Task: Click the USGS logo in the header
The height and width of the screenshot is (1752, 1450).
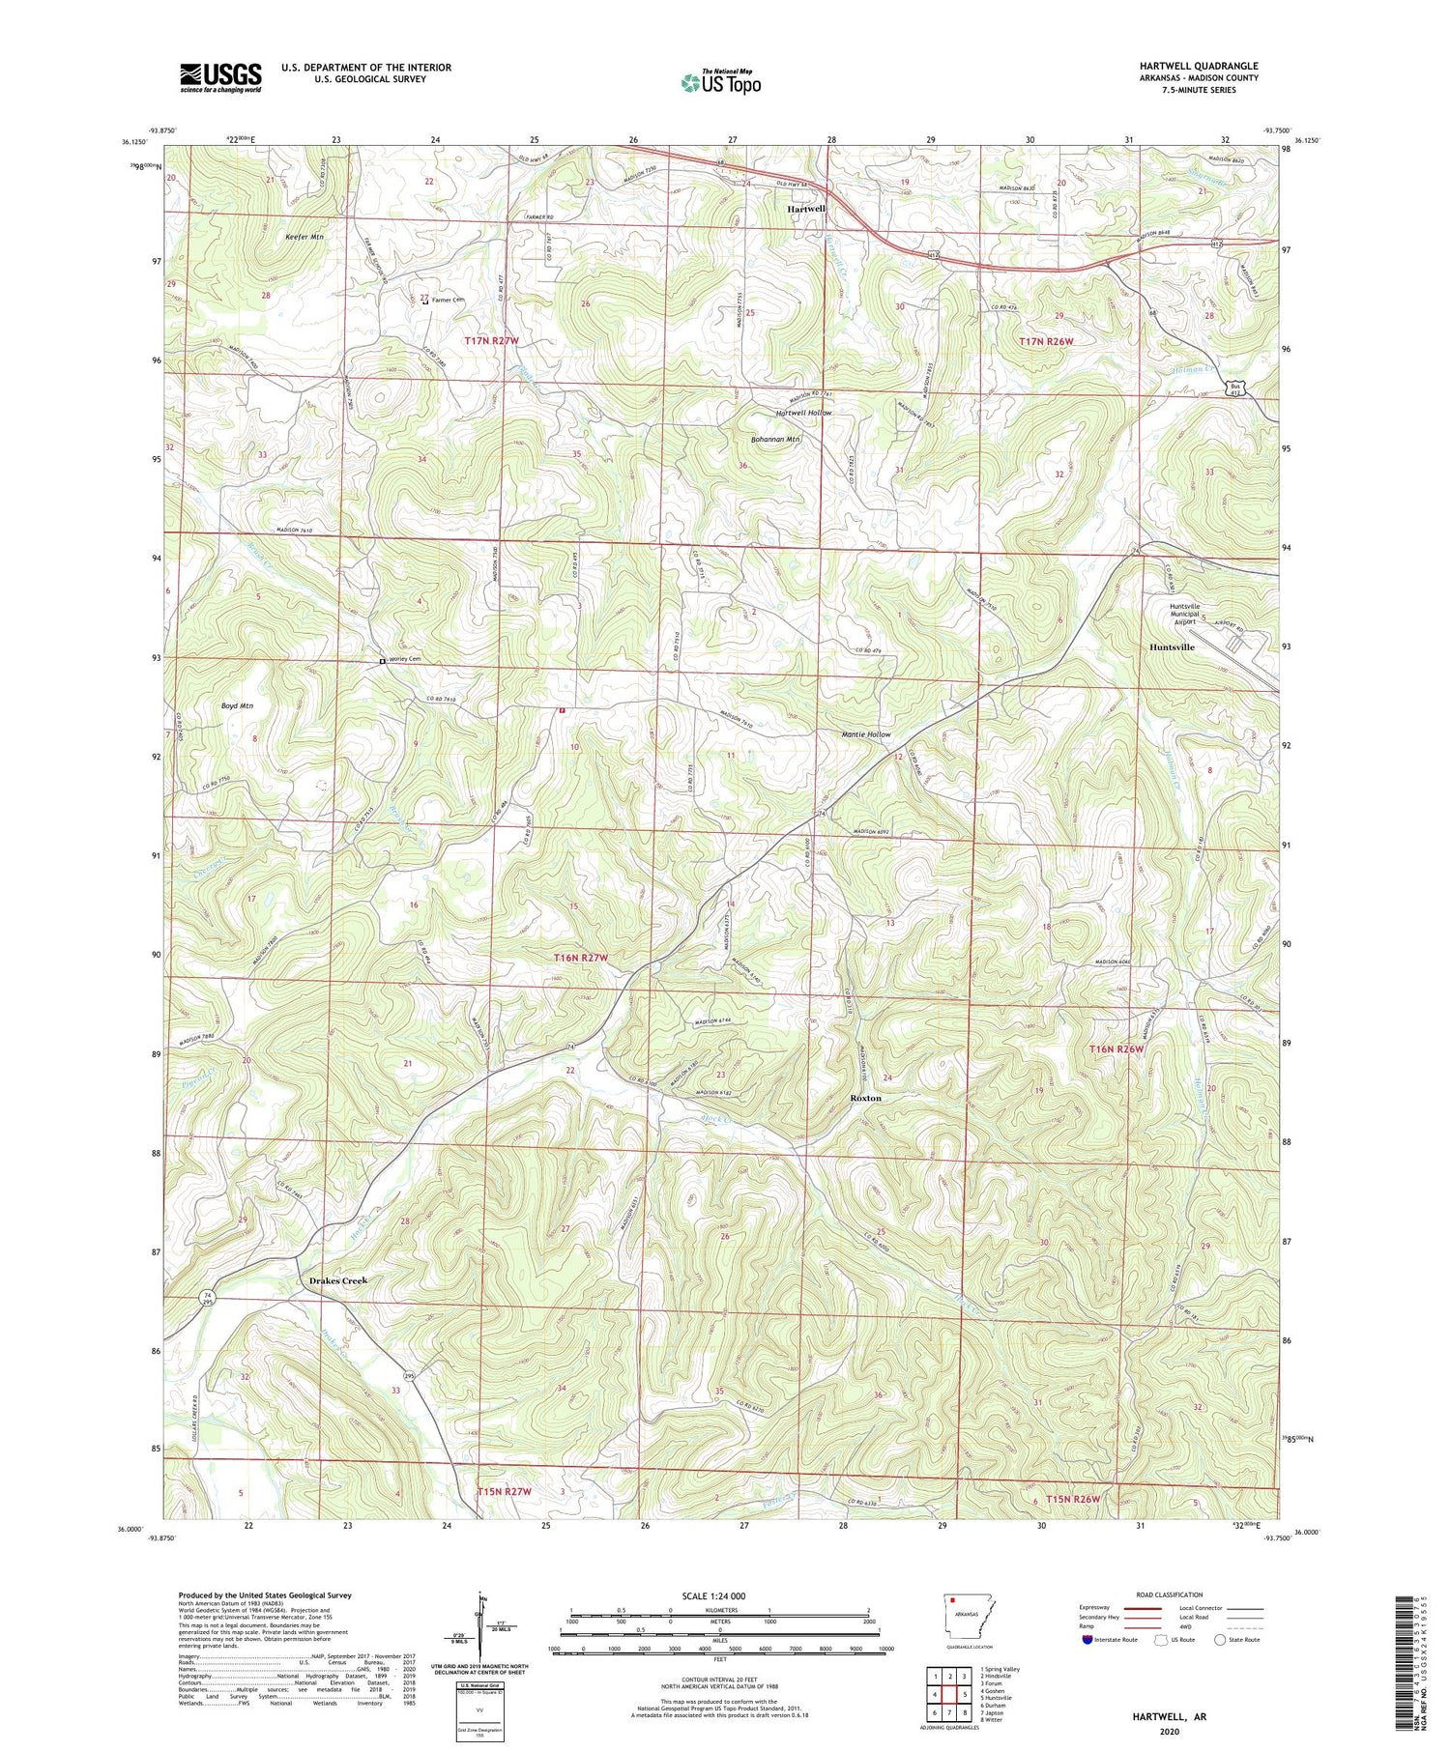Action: click(220, 77)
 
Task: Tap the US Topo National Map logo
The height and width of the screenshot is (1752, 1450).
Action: click(721, 82)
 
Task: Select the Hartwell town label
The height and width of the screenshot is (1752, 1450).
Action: click(805, 209)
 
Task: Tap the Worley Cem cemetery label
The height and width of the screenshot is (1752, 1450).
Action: click(406, 659)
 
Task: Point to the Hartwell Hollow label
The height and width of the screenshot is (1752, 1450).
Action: click(803, 413)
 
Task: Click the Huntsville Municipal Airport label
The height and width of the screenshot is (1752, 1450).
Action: click(1184, 615)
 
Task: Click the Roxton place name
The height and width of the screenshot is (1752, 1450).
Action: click(865, 1099)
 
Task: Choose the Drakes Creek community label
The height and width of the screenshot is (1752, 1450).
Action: click(338, 1280)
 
